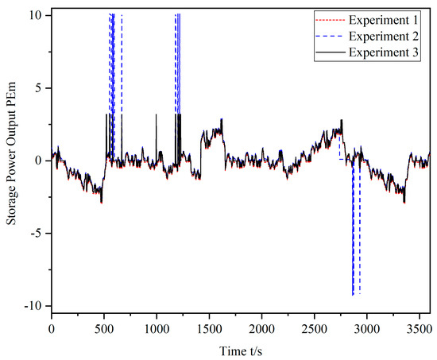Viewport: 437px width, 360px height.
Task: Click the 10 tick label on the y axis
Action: [37, 15]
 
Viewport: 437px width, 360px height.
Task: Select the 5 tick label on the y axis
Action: [41, 87]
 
